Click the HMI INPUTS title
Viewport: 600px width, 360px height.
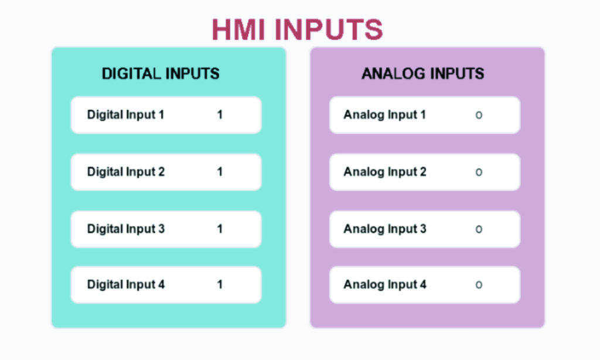pyautogui.click(x=297, y=29)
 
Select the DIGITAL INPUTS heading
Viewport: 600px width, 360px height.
pyautogui.click(x=161, y=73)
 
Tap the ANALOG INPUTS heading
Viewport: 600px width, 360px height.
pyautogui.click(x=422, y=73)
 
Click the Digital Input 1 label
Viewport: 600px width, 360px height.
pyautogui.click(x=125, y=114)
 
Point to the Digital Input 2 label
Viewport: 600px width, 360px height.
pyautogui.click(x=126, y=172)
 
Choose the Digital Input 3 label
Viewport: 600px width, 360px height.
pyautogui.click(x=126, y=229)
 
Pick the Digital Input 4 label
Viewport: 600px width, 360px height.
pyautogui.click(x=126, y=284)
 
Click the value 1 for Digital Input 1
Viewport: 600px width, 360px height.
pyautogui.click(x=220, y=114)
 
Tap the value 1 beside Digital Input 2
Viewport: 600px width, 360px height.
pyautogui.click(x=220, y=172)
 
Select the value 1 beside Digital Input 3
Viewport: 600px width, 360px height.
pyautogui.click(x=220, y=229)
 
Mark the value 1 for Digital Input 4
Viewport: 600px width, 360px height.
pyautogui.click(x=220, y=284)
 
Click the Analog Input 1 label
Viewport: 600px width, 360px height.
pyautogui.click(x=384, y=114)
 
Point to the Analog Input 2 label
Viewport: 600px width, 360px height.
pyautogui.click(x=384, y=172)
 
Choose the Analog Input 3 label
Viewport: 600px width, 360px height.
pyautogui.click(x=384, y=229)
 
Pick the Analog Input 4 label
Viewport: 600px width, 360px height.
pyautogui.click(x=384, y=284)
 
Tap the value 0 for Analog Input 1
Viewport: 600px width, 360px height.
pyautogui.click(x=479, y=115)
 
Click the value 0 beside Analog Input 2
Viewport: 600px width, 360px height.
pyautogui.click(x=479, y=172)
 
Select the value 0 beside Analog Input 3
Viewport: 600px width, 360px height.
pyautogui.click(x=479, y=229)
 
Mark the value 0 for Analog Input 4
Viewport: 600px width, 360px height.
pyautogui.click(x=479, y=285)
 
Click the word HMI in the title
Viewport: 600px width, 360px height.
pyautogui.click(x=238, y=29)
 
